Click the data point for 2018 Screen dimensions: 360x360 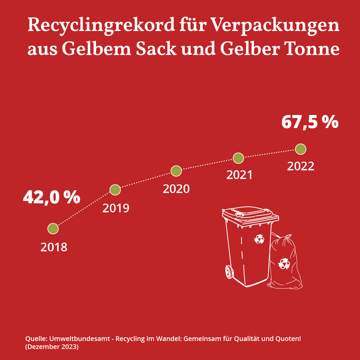(53, 229)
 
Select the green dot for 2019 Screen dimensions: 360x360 (115, 190)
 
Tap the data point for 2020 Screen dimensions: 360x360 (176, 171)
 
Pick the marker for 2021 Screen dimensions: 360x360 (238, 158)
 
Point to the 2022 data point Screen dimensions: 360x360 (300, 149)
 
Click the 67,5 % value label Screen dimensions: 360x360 (310, 122)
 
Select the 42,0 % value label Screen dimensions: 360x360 (52, 197)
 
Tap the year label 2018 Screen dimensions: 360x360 (54, 247)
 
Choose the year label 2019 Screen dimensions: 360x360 (116, 208)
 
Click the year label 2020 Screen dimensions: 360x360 (176, 189)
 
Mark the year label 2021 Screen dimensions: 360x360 (240, 175)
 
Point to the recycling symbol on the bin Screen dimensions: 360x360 (259, 239)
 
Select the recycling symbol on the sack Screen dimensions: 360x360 (284, 263)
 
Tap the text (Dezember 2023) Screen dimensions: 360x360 (52, 347)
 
